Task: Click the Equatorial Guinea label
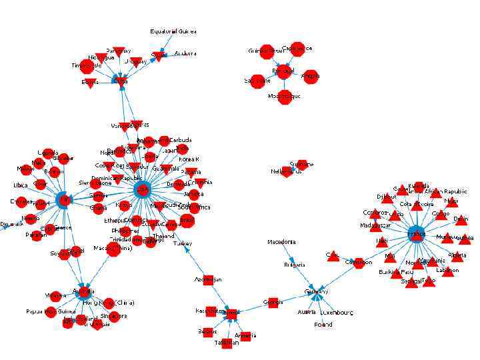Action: [x=173, y=31]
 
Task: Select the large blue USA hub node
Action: [x=143, y=190]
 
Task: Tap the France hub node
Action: [x=417, y=234]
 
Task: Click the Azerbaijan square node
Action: [x=207, y=279]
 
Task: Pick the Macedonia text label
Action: [x=281, y=242]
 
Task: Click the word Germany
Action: [x=316, y=291]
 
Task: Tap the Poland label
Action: [x=323, y=325]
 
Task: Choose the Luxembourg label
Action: [x=337, y=312]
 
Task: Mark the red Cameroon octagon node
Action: [x=359, y=263]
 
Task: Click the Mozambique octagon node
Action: [x=285, y=97]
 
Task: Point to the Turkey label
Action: [x=182, y=244]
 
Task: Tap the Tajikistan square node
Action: [x=226, y=342]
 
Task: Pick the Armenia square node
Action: [x=245, y=336]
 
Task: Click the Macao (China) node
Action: [x=113, y=249]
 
